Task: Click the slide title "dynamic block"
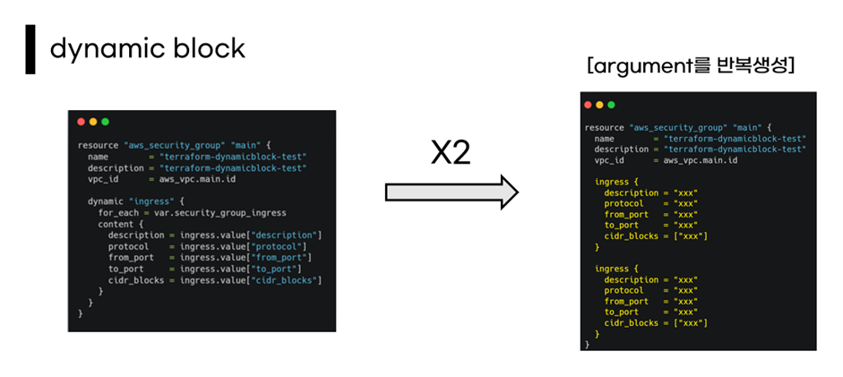147,48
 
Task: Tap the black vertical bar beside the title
30,49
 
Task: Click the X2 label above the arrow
452,154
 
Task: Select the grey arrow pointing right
452,192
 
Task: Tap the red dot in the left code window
82,122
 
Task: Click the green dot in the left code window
105,122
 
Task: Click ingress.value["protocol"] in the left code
243,246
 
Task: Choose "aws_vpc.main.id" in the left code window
198,178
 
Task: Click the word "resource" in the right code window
605,128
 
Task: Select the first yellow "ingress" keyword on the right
612,182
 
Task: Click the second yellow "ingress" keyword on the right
612,268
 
